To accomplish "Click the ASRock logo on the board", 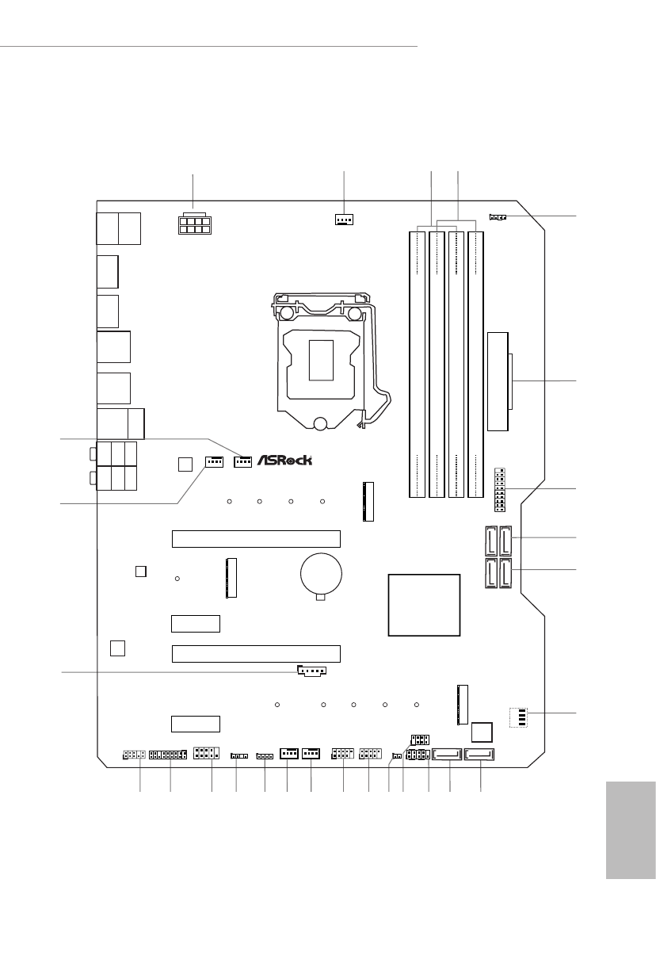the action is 284,461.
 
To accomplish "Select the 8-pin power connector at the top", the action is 189,223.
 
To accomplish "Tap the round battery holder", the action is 321,572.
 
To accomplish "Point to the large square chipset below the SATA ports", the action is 425,604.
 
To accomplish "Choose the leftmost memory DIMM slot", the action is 418,364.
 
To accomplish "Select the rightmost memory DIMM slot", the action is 475,364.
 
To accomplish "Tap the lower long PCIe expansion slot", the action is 256,654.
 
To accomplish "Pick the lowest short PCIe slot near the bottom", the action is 195,723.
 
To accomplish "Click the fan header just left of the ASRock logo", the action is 242,460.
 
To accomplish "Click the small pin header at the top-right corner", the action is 498,216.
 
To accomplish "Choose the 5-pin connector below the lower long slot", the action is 313,672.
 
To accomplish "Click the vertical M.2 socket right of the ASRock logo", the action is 367,500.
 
